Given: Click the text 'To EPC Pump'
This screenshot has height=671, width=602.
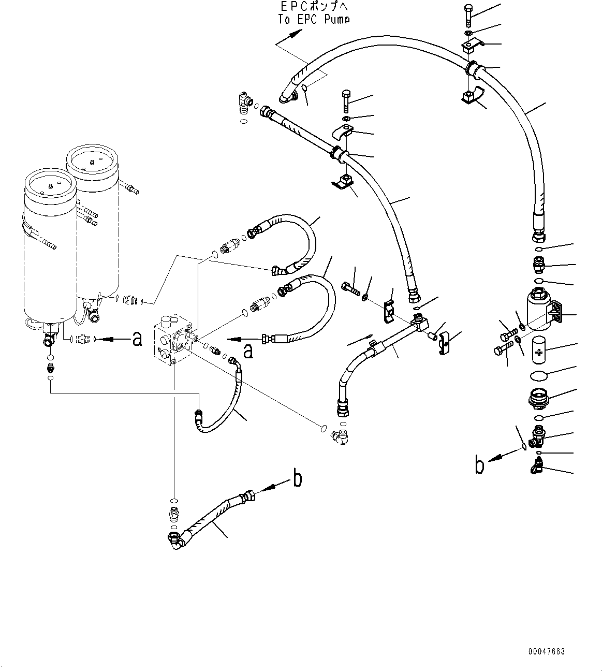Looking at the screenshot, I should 314,19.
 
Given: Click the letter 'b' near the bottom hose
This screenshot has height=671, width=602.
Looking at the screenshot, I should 297,478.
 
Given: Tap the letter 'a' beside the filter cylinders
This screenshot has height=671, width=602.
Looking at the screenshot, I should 137,339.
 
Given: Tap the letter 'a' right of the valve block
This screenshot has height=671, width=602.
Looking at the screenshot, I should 248,351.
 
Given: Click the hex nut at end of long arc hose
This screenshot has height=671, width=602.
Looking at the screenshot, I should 538,238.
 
